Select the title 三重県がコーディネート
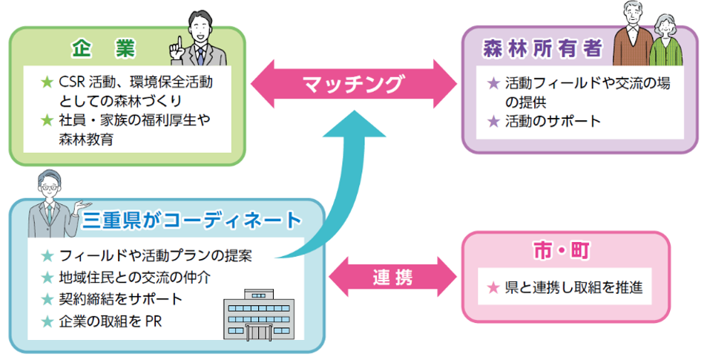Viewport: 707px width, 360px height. pos(192,220)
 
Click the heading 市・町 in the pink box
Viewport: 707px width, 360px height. pos(565,252)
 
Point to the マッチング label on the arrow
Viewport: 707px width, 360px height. pos(355,83)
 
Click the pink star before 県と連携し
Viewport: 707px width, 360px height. pos(493,287)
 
